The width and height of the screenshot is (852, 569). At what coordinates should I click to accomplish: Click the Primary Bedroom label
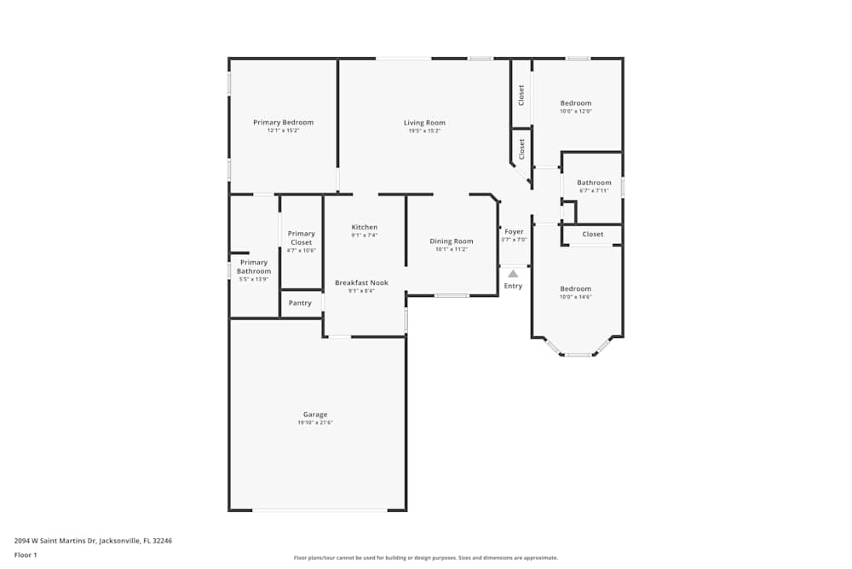point(283,122)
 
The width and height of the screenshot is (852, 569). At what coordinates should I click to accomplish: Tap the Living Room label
point(424,122)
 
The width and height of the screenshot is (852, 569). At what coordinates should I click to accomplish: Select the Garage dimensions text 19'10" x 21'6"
point(315,423)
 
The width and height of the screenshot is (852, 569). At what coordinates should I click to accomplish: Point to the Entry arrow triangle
point(513,274)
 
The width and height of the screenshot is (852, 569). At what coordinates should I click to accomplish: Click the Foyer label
point(514,231)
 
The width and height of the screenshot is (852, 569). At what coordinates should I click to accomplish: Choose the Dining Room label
point(451,241)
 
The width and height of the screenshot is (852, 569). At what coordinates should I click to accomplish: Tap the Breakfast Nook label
point(361,282)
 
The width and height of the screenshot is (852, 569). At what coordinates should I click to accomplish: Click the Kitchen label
point(364,227)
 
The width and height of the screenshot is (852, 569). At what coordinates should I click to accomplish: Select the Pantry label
point(300,303)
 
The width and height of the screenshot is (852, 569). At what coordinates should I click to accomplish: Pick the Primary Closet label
point(301,238)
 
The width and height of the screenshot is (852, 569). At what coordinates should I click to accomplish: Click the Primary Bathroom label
point(254,267)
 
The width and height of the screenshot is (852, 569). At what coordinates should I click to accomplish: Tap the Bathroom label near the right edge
point(594,183)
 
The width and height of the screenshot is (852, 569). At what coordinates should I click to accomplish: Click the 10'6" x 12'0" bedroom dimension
point(575,112)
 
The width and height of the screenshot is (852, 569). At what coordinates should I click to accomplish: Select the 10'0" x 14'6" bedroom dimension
point(575,297)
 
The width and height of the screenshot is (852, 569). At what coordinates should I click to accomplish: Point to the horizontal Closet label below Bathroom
point(593,234)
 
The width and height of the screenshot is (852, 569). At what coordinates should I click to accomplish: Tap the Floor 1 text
point(26,554)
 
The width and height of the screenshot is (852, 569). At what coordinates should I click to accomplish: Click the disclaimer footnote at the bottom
point(426,557)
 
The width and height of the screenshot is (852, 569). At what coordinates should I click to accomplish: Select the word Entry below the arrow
point(513,286)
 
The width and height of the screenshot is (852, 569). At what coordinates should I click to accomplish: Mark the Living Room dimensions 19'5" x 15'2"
point(424,131)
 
